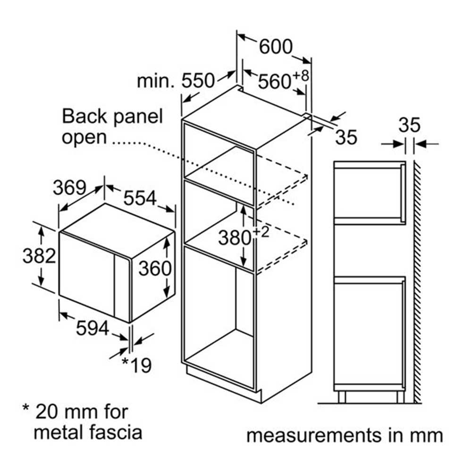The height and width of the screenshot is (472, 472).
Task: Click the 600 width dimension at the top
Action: tap(276, 47)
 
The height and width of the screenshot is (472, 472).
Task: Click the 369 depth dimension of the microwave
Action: tap(69, 187)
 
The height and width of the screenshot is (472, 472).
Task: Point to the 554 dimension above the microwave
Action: tap(140, 198)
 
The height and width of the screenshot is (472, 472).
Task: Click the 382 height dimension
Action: tap(40, 256)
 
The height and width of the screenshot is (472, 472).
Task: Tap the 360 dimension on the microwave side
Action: tap(155, 268)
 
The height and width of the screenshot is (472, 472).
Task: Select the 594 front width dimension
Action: tap(93, 328)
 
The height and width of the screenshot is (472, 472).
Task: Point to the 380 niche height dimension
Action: tap(235, 237)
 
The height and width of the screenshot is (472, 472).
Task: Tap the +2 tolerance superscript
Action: tap(261, 232)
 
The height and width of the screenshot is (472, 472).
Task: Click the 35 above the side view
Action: tap(409, 125)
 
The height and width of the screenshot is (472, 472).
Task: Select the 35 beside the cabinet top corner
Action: tap(346, 137)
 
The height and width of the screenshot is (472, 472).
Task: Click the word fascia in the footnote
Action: tap(116, 432)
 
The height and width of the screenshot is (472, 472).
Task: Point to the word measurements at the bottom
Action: tap(314, 436)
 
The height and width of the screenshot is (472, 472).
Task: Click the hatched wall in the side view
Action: tap(418, 282)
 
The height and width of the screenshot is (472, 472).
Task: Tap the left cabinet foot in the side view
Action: tap(342, 397)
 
